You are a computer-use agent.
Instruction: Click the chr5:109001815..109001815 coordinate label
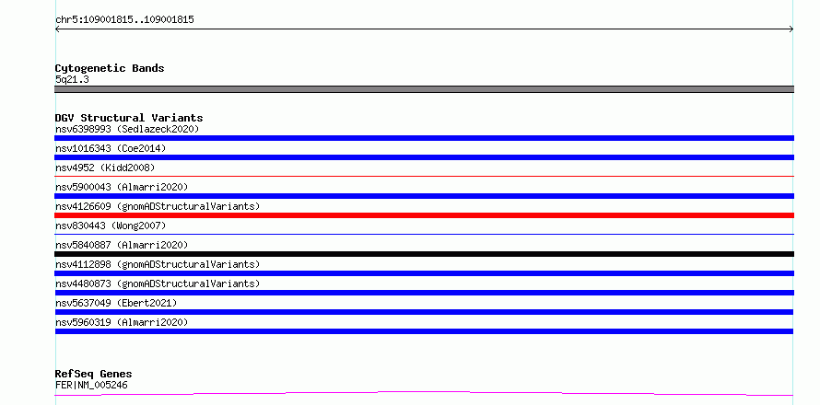(x=124, y=20)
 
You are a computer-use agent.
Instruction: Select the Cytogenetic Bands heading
(x=110, y=68)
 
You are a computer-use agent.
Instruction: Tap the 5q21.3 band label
(x=72, y=80)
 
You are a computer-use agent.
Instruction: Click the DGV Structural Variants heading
(x=129, y=118)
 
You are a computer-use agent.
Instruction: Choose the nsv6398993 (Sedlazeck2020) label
(x=127, y=129)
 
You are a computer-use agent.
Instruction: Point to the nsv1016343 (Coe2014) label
(x=111, y=148)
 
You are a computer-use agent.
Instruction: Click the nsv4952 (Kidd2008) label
(x=105, y=168)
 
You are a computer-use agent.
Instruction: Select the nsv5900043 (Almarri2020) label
(x=122, y=187)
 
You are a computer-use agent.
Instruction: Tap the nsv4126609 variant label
(x=158, y=206)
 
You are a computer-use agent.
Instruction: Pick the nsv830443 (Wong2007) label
(x=111, y=226)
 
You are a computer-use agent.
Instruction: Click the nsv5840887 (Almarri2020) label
(x=122, y=245)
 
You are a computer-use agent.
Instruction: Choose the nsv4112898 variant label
(x=158, y=264)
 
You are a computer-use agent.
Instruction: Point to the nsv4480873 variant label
(x=158, y=283)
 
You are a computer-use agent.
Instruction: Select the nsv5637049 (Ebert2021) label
(x=116, y=303)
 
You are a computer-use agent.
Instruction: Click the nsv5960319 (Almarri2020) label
(x=122, y=322)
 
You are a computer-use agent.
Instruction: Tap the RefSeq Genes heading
(x=94, y=375)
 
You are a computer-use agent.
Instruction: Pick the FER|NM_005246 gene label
(x=91, y=386)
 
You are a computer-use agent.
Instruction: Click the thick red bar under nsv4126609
(x=424, y=215)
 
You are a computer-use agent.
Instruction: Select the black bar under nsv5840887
(x=424, y=254)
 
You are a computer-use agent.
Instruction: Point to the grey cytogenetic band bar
(x=424, y=89)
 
